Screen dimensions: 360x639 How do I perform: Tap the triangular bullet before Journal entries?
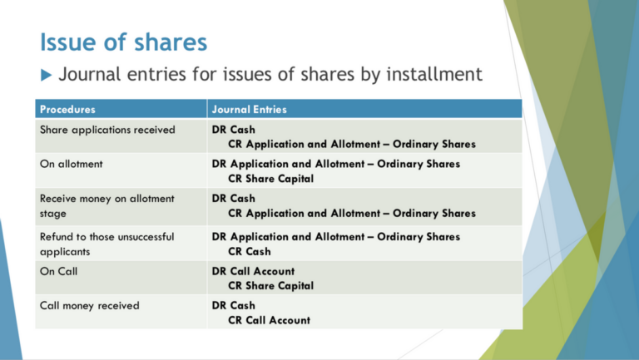point(47,76)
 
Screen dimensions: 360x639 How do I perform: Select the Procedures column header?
point(67,109)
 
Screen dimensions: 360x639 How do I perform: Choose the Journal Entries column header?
point(250,109)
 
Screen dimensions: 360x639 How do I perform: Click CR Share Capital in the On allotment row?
point(270,178)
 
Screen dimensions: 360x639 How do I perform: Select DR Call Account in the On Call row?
point(253,271)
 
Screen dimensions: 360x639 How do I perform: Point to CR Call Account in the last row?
point(269,320)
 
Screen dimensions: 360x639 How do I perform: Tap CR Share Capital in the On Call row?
point(270,285)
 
